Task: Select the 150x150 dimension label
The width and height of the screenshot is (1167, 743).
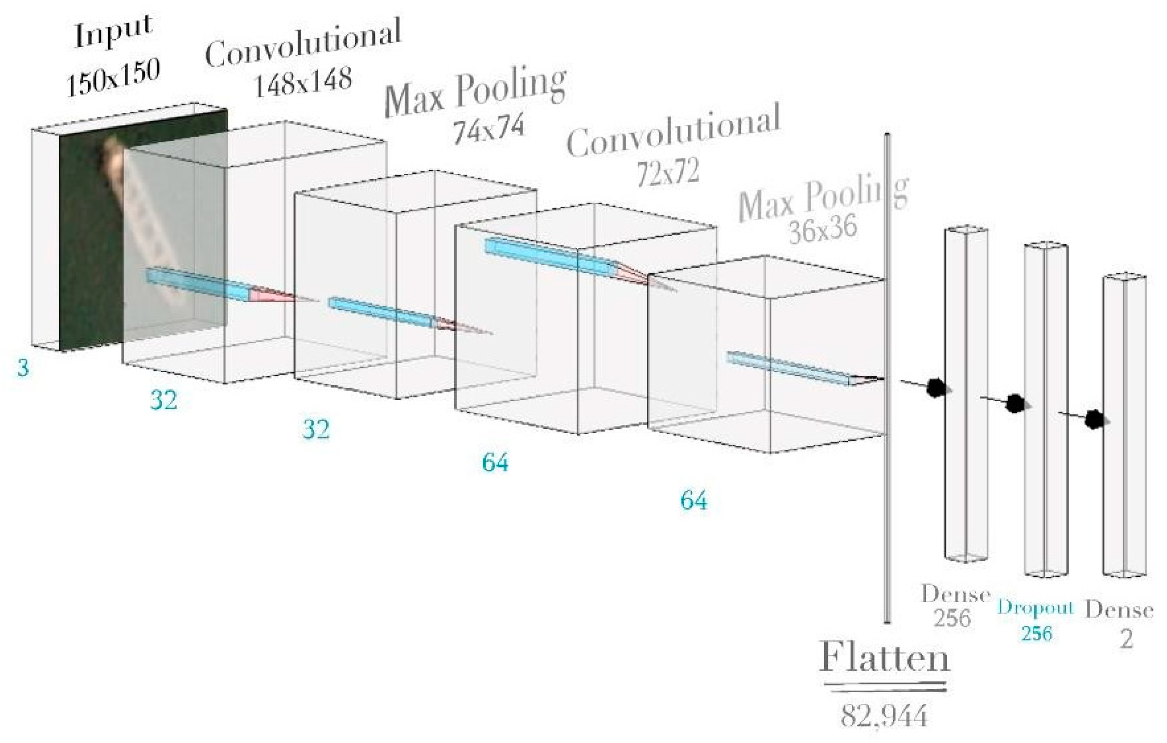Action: point(113,77)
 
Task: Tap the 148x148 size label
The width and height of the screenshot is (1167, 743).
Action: point(303,81)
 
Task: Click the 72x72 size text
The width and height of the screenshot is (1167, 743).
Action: point(668,173)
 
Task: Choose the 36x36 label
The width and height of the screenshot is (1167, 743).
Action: point(822,229)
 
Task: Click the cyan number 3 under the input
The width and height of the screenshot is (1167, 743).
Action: point(23,368)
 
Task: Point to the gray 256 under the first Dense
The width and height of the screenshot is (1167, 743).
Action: point(952,618)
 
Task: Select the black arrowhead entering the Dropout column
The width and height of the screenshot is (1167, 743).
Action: point(1016,403)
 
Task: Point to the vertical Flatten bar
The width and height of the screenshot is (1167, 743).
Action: point(888,378)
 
